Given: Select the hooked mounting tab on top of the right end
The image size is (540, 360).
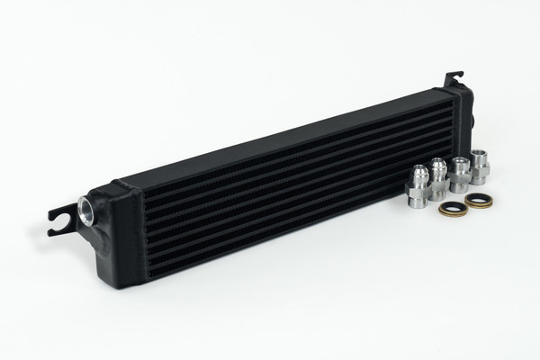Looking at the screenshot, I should coord(454,76).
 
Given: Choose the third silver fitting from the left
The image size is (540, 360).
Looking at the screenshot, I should coord(460,175).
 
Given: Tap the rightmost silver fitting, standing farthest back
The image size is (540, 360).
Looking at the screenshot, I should coord(479,166).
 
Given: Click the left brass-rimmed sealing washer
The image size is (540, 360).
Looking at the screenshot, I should coord(452,208).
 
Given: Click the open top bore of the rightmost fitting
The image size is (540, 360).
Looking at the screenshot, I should coord(479,154).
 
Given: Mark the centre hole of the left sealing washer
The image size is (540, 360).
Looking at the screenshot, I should coord(452,208).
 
